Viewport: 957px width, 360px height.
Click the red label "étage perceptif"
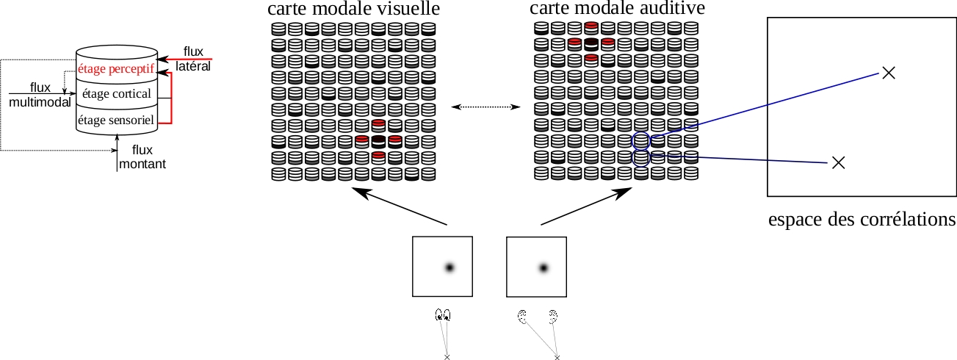click(x=116, y=69)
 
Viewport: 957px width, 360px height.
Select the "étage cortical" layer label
click(x=116, y=93)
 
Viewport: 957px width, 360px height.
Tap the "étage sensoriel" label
click(x=116, y=120)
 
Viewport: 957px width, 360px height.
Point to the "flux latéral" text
click(x=193, y=59)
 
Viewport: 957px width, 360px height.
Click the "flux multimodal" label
click(x=40, y=95)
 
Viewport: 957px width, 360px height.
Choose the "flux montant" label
click(x=142, y=156)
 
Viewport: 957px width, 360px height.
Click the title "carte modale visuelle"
click(x=353, y=9)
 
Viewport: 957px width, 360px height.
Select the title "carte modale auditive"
click(x=617, y=8)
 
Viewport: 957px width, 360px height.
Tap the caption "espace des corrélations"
click(x=862, y=220)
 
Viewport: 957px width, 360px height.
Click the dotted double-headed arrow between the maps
click(x=485, y=107)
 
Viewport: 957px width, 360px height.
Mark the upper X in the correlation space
click(x=889, y=73)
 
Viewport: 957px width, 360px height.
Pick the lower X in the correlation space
click(x=839, y=162)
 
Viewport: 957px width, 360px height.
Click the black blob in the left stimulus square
click(x=449, y=267)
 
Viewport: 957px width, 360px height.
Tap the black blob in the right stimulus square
click(x=543, y=268)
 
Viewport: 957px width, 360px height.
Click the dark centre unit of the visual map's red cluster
click(x=378, y=142)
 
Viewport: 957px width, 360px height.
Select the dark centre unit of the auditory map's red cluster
click(x=591, y=45)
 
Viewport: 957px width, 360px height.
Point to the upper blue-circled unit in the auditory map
click(x=641, y=141)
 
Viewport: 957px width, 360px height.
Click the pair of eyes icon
click(x=443, y=315)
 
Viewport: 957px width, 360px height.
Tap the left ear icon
click(x=521, y=317)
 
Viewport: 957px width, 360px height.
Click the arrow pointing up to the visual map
click(x=399, y=206)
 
